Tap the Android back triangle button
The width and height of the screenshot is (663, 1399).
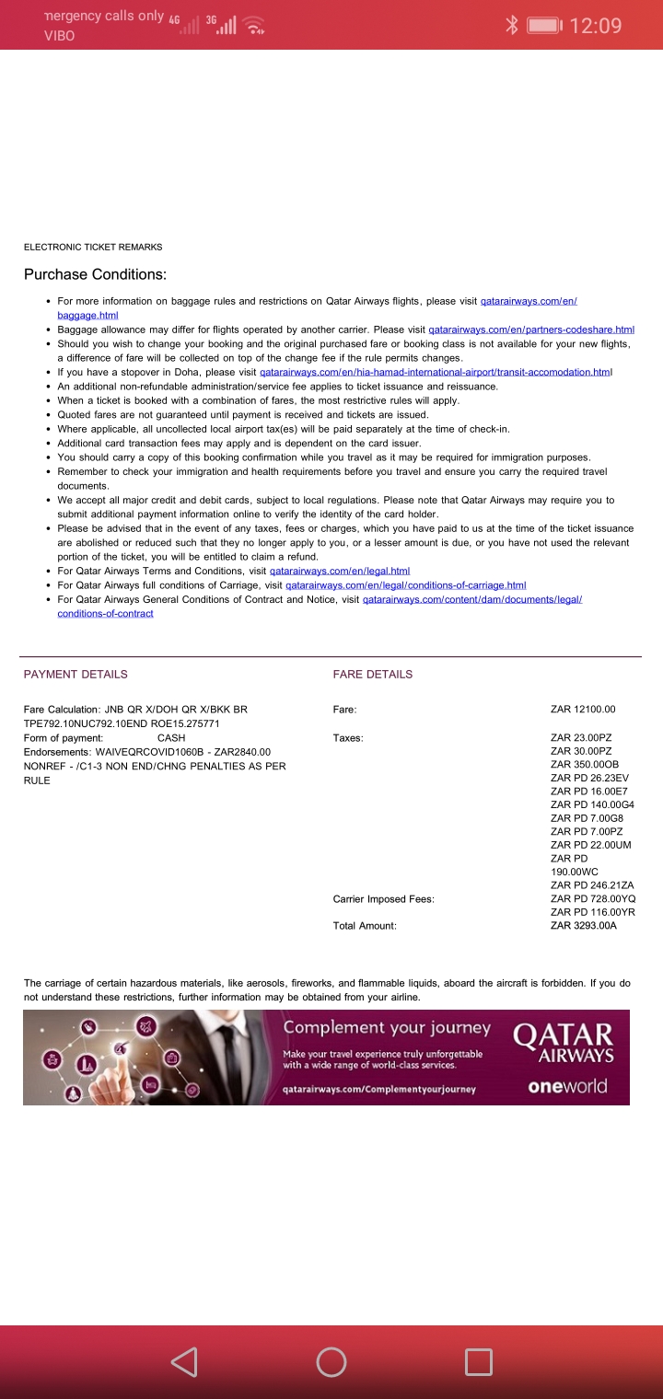[x=184, y=1362]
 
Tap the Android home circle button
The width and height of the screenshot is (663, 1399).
[x=331, y=1362]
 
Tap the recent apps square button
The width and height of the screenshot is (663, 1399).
[x=478, y=1362]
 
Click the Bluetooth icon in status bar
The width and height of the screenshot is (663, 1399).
[x=513, y=26]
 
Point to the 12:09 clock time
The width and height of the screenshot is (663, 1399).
[x=596, y=26]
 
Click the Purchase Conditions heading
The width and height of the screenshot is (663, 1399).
[x=95, y=274]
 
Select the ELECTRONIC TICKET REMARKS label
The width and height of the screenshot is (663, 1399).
[x=93, y=247]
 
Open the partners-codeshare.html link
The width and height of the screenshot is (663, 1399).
[x=531, y=330]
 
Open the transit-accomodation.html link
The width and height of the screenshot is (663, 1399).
[x=436, y=372]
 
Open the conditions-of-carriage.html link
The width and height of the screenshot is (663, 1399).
[x=405, y=585]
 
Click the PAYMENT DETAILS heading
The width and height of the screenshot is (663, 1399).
[x=76, y=674]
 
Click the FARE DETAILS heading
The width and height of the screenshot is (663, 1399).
[x=373, y=674]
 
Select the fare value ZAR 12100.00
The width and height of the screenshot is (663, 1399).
[x=583, y=709]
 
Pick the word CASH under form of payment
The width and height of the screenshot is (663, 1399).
[x=171, y=737]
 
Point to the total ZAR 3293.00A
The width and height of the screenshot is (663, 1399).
[x=584, y=925]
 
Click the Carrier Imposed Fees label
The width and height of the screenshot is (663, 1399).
[x=383, y=898]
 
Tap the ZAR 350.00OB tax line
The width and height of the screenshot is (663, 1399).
[x=585, y=764]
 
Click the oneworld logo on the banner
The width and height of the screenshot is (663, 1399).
[x=567, y=1086]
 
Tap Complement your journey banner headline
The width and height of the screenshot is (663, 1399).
[x=387, y=1027]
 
